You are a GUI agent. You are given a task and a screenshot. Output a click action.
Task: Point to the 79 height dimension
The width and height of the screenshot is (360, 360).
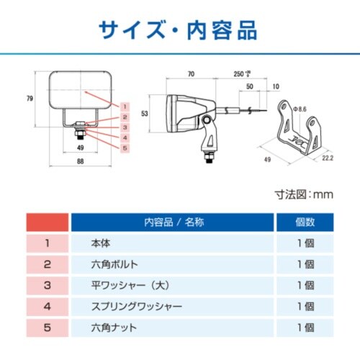[29, 98]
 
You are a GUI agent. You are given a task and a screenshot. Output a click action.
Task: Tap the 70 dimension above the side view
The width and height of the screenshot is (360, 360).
[191, 73]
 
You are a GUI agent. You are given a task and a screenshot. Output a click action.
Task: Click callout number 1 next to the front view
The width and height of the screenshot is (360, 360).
[124, 106]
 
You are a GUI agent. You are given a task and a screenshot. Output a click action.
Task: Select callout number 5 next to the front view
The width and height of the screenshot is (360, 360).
[124, 148]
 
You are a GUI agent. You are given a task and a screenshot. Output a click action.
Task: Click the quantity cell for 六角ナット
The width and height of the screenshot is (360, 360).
[305, 328]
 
